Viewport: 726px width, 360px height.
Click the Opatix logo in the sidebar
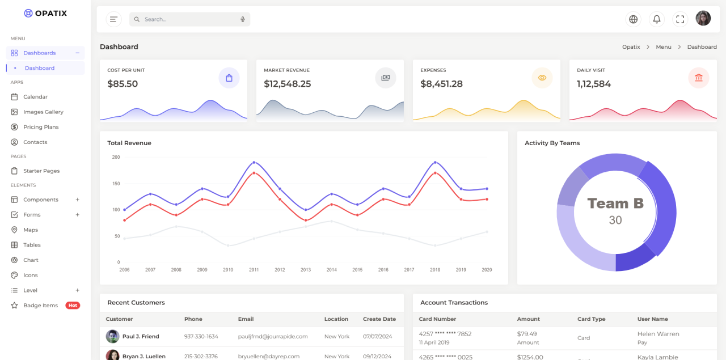pos(45,13)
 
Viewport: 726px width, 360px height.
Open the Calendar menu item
pos(35,97)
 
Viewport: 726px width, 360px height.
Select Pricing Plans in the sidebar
pos(41,127)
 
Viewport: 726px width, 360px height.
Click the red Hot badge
pos(73,306)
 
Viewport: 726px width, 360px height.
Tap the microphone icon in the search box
pos(243,19)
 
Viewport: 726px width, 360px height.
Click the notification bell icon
pos(657,19)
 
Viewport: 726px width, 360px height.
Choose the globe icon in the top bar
pos(634,19)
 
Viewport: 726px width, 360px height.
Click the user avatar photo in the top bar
pos(703,19)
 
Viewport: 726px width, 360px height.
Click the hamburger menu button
pos(114,19)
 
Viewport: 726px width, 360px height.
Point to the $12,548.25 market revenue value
pos(288,84)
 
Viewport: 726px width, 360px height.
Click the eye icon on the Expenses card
pos(542,78)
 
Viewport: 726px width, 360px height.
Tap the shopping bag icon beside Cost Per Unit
pos(229,78)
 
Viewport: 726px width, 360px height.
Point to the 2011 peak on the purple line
pos(254,162)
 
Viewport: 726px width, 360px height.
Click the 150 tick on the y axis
pos(116,184)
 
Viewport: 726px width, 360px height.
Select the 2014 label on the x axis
pos(332,270)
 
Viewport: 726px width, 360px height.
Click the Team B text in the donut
pos(615,204)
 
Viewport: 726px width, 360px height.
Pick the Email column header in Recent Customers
pos(246,319)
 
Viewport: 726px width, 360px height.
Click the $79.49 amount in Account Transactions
pos(527,334)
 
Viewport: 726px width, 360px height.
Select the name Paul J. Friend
pos(141,336)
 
